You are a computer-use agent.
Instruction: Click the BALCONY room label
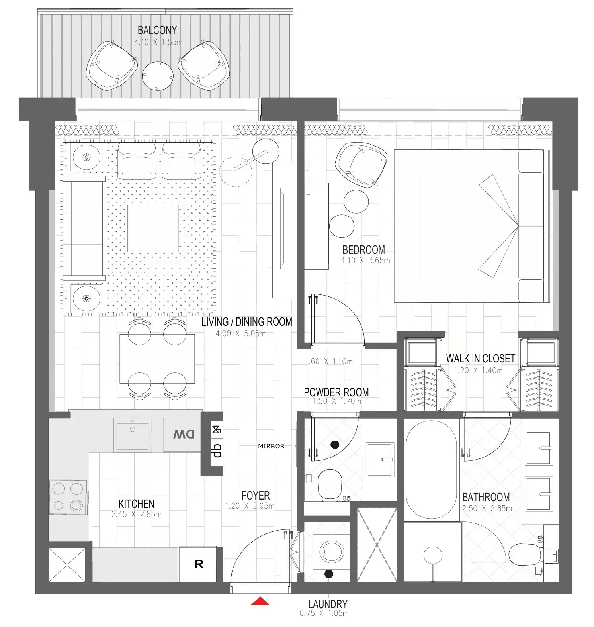coord(157,30)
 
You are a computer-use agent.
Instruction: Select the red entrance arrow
coord(260,601)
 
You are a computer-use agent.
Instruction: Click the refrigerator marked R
coord(199,564)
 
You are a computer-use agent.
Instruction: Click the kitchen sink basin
coord(132,435)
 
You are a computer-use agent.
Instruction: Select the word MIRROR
coord(271,446)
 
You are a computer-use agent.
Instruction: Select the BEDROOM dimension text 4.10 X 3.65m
coord(365,261)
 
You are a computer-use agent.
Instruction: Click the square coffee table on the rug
coord(152,228)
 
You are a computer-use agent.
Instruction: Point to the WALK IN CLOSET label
coord(480,359)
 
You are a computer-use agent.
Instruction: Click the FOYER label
coord(256,496)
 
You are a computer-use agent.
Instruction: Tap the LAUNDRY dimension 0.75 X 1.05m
coord(324,613)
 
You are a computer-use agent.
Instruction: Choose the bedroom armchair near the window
coord(361,164)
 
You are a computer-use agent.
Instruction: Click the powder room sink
coord(379,459)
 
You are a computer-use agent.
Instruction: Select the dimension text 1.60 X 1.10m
coord(328,362)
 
